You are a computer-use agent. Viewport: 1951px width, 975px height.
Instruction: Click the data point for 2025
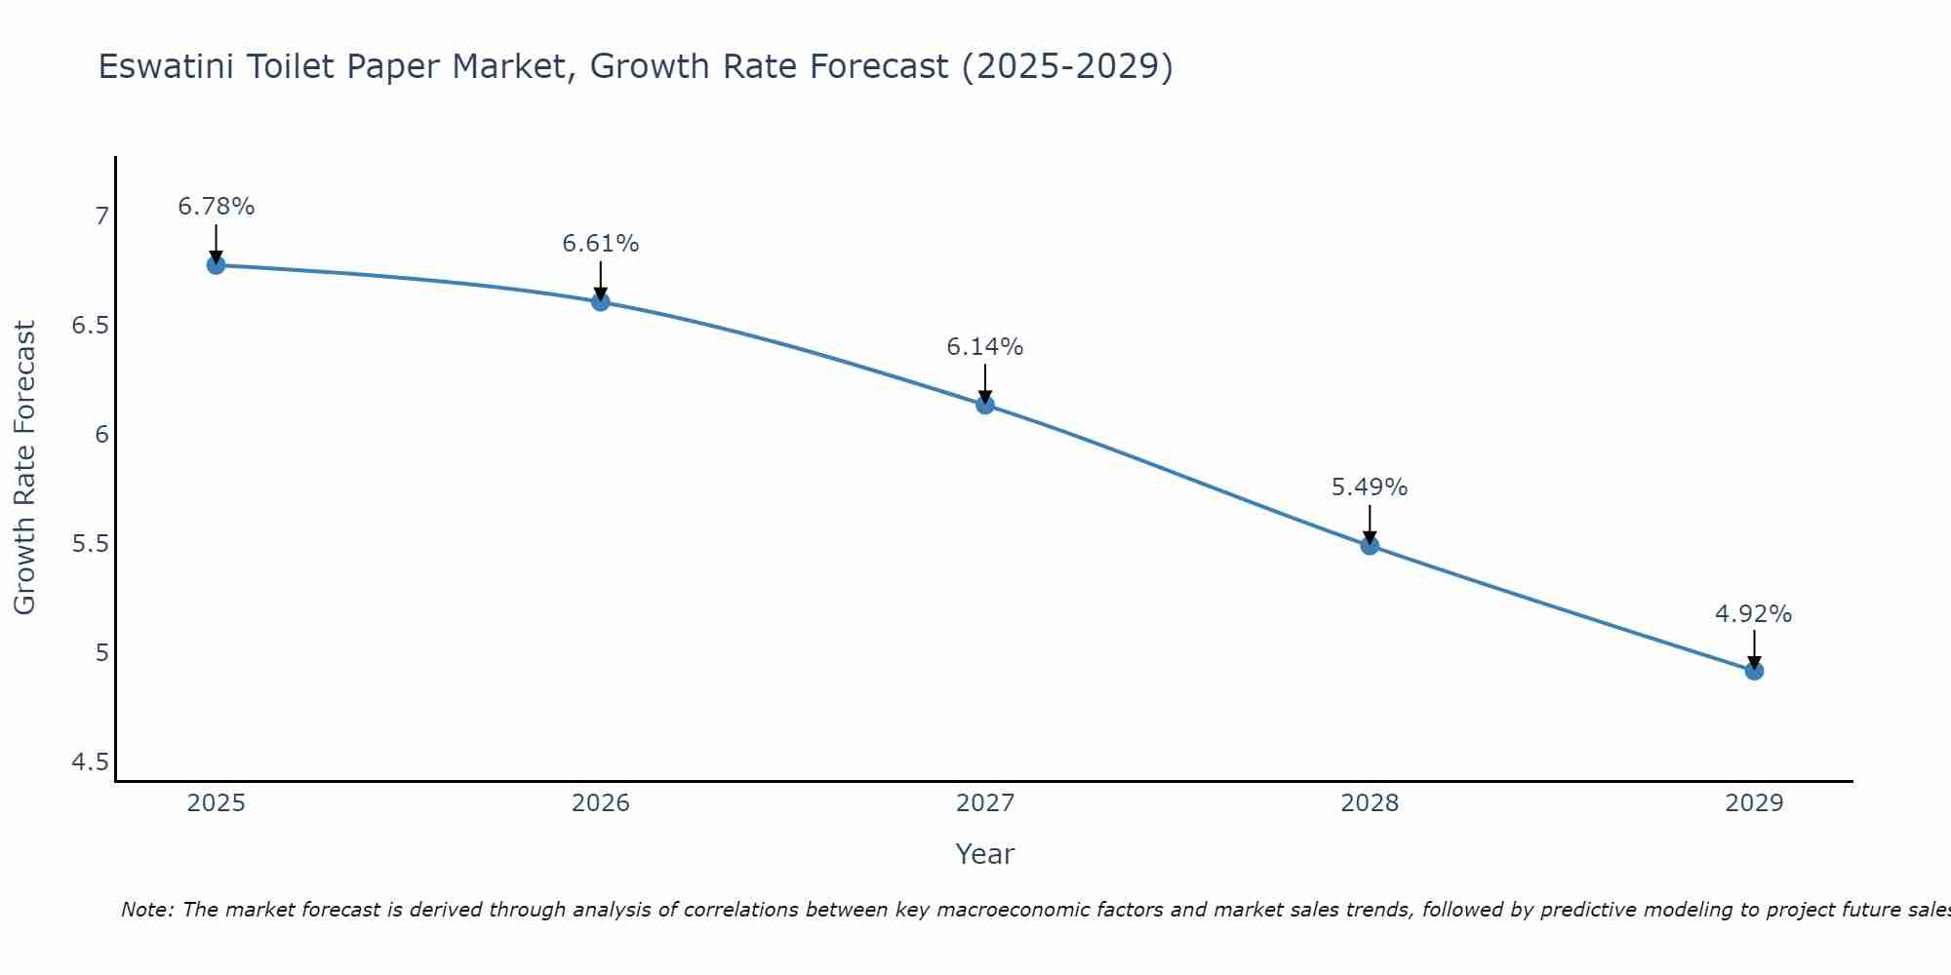pyautogui.click(x=216, y=265)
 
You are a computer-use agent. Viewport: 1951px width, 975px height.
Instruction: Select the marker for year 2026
pyautogui.click(x=600, y=302)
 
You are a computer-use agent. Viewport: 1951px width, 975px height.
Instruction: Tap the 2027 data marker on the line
pyautogui.click(x=985, y=405)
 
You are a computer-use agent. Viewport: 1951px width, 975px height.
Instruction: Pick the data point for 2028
pyautogui.click(x=1370, y=546)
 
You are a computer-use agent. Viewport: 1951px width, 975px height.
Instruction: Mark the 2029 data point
pyautogui.click(x=1754, y=671)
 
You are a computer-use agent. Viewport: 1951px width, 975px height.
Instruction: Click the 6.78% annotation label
pyautogui.click(x=216, y=207)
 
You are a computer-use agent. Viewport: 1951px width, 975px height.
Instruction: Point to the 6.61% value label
pyautogui.click(x=600, y=244)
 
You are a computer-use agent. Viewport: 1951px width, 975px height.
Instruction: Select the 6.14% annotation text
pyautogui.click(x=985, y=347)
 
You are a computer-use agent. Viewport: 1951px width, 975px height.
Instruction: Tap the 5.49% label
pyautogui.click(x=1370, y=487)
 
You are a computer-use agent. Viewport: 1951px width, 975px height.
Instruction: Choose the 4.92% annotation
pyautogui.click(x=1754, y=614)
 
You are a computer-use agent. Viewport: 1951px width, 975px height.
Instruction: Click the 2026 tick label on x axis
pyautogui.click(x=600, y=803)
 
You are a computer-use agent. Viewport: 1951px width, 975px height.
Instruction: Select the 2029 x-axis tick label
pyautogui.click(x=1754, y=803)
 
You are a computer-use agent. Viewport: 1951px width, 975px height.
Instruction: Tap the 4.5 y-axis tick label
pyautogui.click(x=90, y=761)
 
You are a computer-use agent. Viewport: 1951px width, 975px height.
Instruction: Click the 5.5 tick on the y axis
pyautogui.click(x=90, y=543)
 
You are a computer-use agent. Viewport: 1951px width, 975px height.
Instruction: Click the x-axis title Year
pyautogui.click(x=985, y=854)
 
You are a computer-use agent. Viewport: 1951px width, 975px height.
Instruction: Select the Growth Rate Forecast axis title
pyautogui.click(x=24, y=468)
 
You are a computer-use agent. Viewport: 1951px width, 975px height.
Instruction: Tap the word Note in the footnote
pyautogui.click(x=146, y=911)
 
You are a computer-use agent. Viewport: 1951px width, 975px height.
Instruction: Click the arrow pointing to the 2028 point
pyautogui.click(x=1370, y=524)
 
